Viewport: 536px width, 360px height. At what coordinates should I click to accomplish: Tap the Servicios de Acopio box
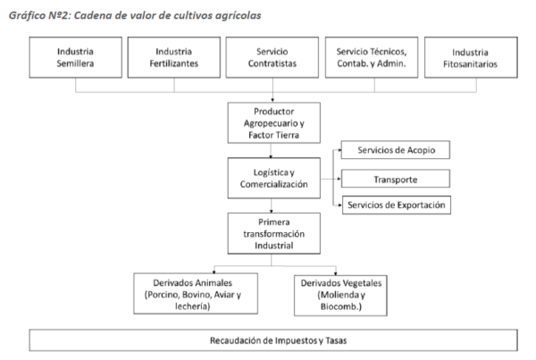[396, 148]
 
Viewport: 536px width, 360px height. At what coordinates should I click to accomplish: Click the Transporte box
[396, 178]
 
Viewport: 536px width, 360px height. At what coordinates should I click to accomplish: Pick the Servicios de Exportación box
[396, 205]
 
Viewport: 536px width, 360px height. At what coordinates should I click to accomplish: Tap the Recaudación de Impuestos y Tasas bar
[273, 341]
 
